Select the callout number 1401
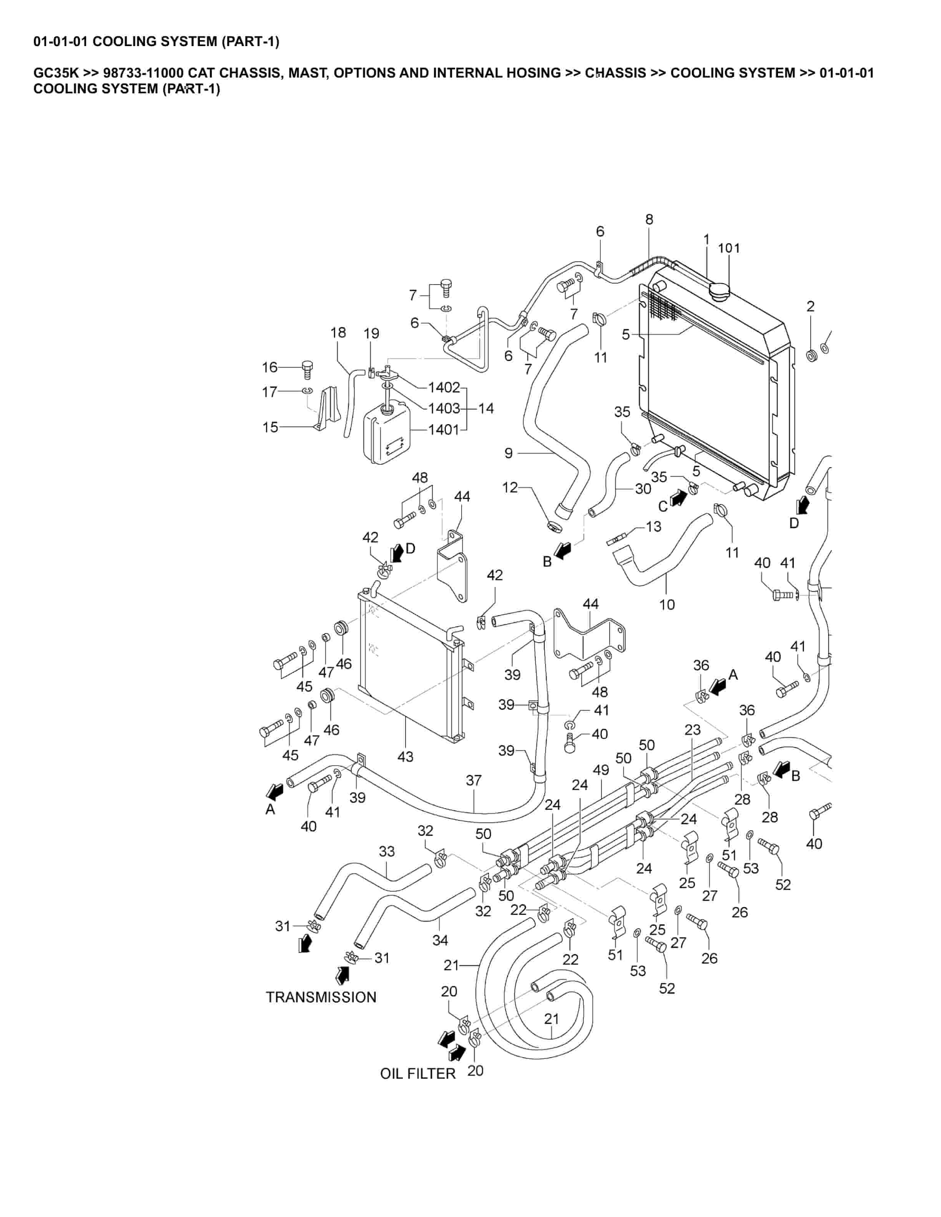tap(443, 429)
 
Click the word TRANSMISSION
tap(321, 997)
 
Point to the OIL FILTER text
tap(417, 1073)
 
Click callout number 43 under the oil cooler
tap(405, 756)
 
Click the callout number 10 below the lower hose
tap(667, 604)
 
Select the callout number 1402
tap(444, 387)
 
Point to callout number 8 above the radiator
tap(649, 220)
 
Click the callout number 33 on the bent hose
tap(386, 851)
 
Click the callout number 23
tap(692, 730)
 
